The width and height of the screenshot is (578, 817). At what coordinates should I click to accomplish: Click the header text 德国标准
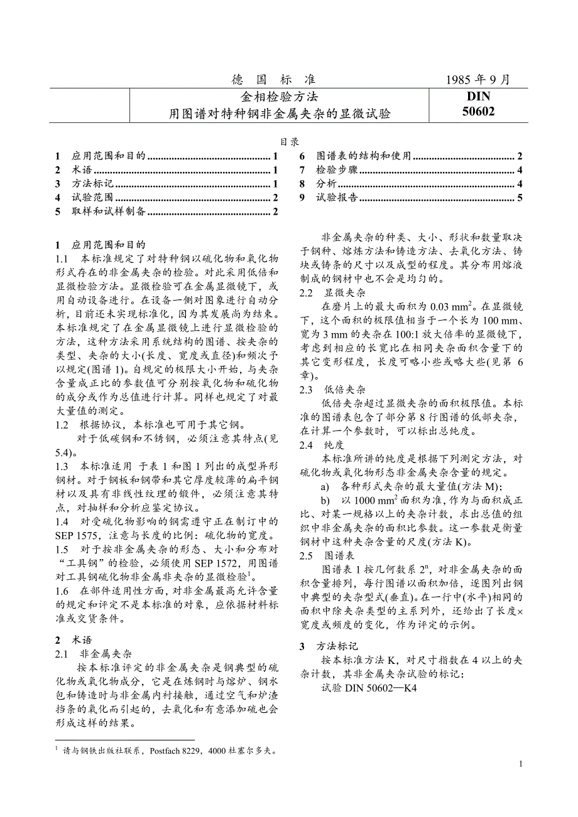(274, 80)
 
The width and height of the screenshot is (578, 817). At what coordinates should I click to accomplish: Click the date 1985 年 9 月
(477, 80)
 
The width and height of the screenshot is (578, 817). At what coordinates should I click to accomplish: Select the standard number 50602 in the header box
(477, 112)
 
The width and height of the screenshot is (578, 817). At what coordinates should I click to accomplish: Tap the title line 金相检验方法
(279, 97)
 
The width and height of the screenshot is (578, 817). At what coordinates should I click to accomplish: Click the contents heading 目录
(289, 142)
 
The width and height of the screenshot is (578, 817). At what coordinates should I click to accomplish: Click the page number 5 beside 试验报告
(520, 198)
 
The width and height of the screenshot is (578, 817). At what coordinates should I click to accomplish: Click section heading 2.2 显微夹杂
(332, 293)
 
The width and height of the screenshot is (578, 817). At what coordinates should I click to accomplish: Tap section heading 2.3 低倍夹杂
(332, 389)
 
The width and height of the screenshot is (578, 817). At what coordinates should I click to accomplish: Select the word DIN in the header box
(478, 97)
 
